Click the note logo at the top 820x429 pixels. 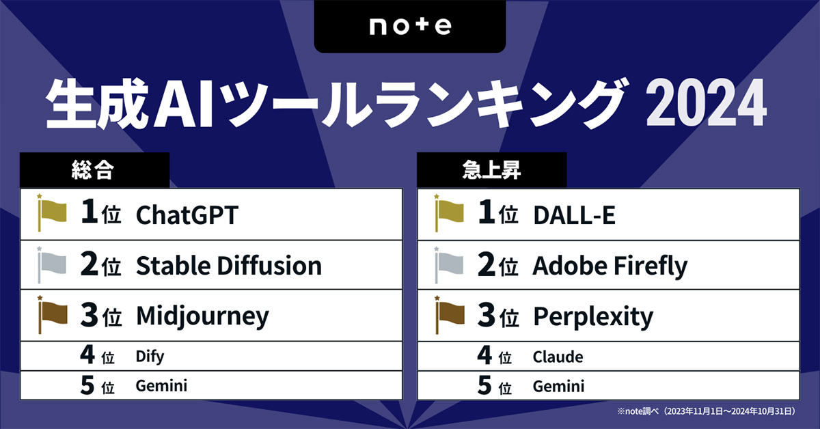410,27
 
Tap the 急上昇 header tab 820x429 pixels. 491,171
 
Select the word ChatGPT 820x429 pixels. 187,214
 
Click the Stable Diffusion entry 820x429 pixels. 228,266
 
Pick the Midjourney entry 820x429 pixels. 202,316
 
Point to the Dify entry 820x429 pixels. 150,356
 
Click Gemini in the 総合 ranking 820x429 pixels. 161,386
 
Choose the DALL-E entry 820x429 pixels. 574,214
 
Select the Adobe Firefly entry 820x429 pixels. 610,266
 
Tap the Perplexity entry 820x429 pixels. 592,316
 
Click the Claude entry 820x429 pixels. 558,357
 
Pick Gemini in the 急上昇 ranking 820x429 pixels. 558,387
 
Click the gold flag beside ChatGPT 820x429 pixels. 51,214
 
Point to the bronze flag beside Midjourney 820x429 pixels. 51,315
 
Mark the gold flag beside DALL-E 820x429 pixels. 448,214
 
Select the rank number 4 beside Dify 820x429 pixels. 87,356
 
